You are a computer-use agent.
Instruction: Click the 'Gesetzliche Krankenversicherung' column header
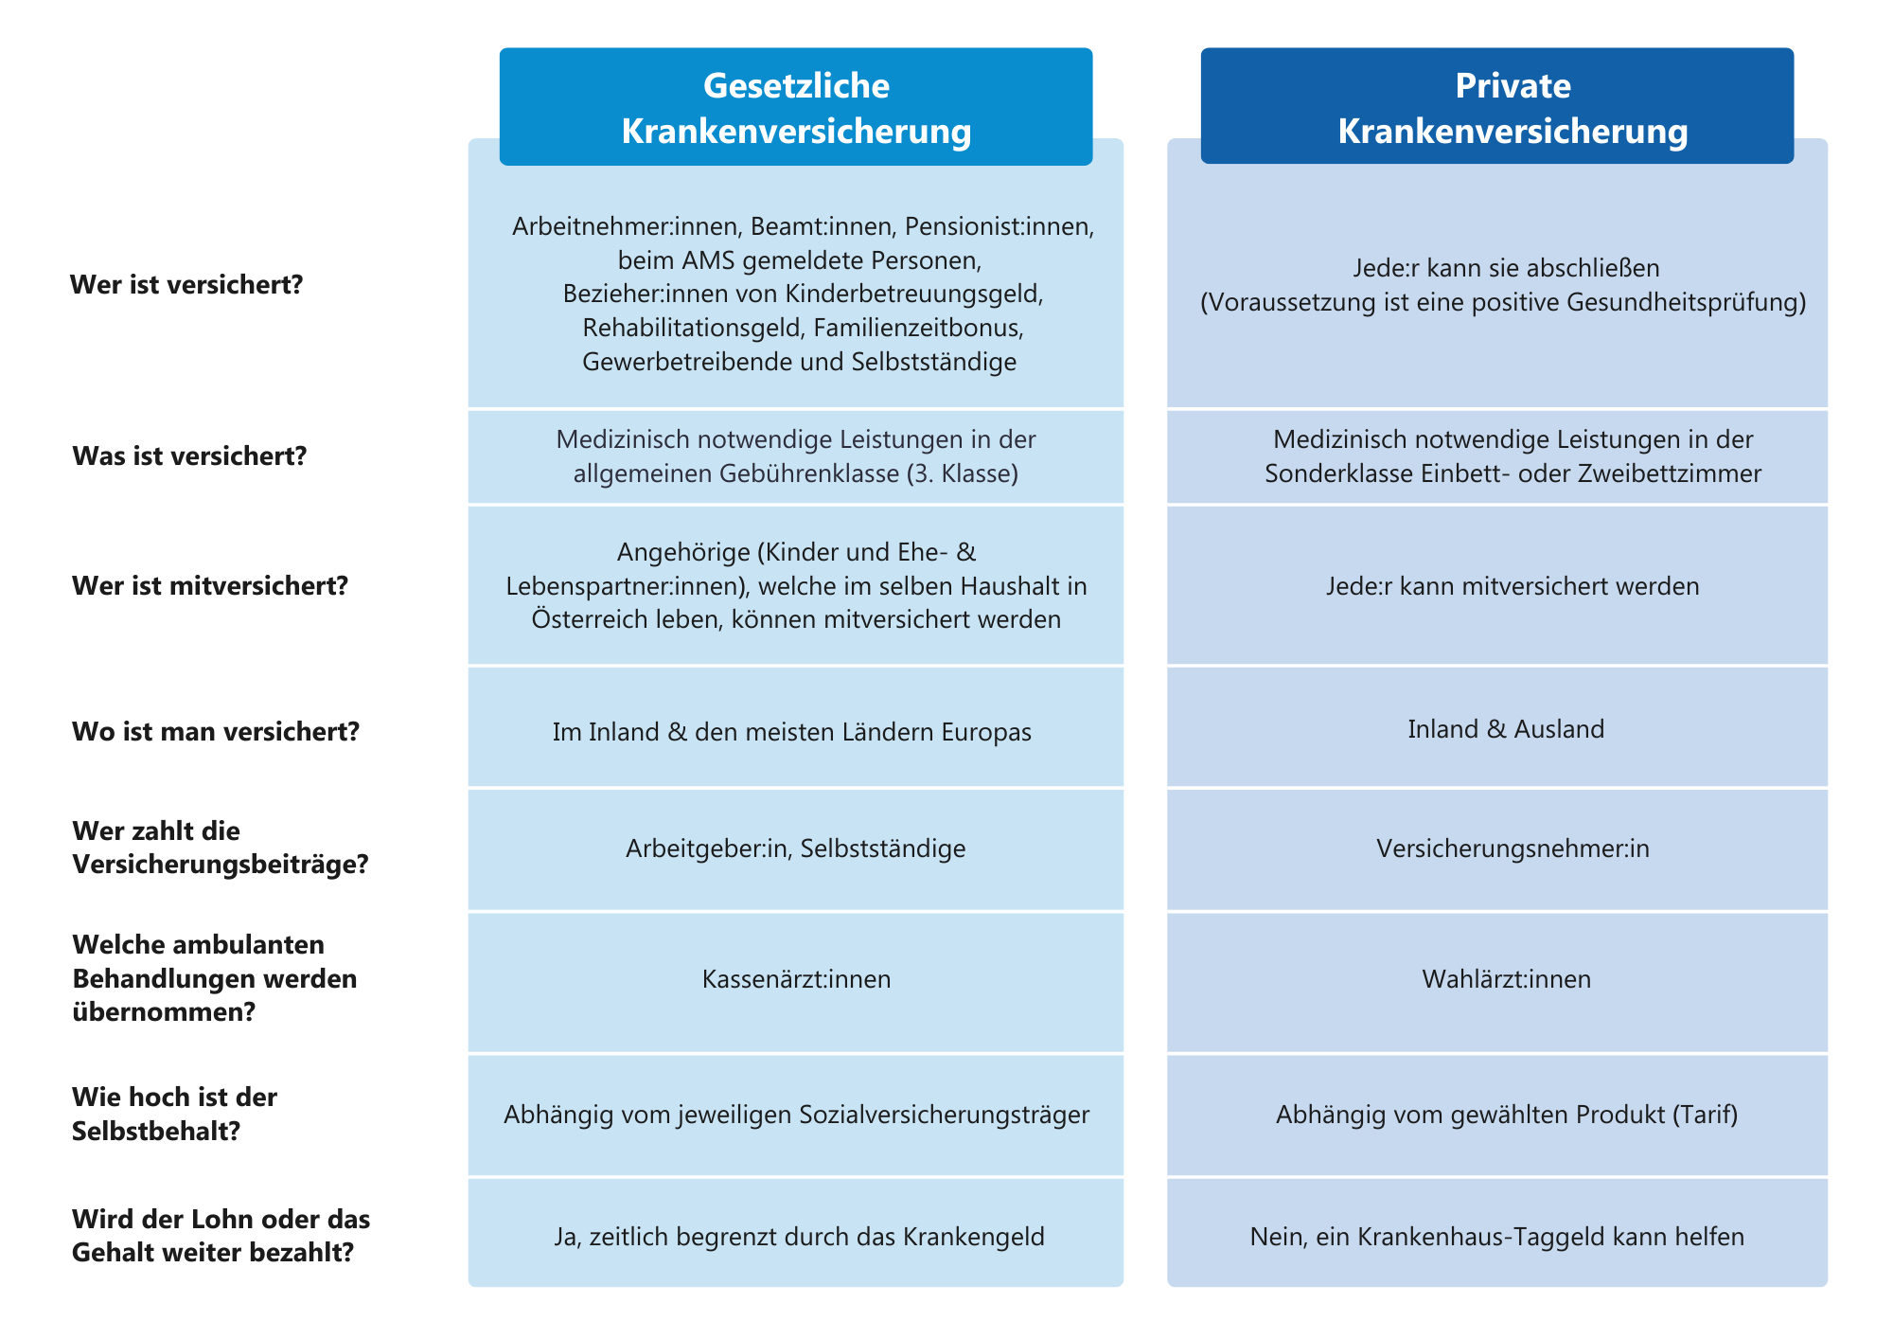[x=796, y=107]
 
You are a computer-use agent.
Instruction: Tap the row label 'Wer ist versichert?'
[x=186, y=284]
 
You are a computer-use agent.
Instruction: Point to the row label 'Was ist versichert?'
[x=189, y=455]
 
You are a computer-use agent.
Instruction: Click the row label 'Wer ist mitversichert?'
[x=210, y=585]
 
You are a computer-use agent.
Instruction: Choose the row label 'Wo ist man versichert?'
[x=216, y=731]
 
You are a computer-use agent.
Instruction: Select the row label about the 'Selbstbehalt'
[x=174, y=1114]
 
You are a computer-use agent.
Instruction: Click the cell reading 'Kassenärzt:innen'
[x=796, y=978]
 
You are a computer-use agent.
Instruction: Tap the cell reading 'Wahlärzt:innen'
[x=1506, y=978]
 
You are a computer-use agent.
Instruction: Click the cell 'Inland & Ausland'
[x=1506, y=729]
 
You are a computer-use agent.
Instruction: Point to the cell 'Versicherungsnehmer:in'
[x=1513, y=848]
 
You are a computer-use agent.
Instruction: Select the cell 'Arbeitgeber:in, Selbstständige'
[x=795, y=848]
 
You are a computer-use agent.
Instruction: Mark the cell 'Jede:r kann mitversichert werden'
[x=1513, y=586]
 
